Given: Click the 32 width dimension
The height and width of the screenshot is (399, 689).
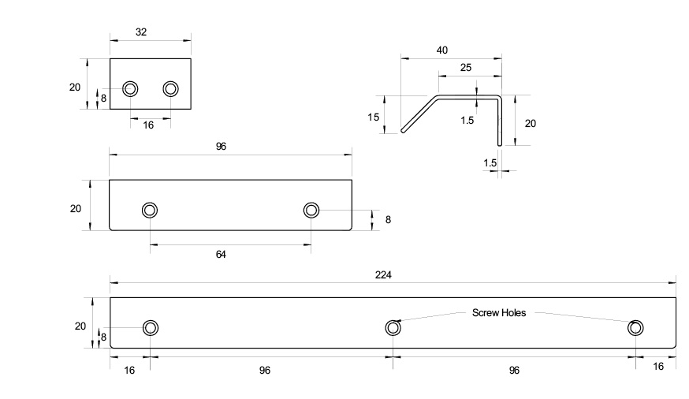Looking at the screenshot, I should point(140,32).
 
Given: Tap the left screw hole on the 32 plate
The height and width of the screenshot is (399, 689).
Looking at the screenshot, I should point(130,88).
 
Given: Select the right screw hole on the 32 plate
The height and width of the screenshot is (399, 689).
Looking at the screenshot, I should point(171,88).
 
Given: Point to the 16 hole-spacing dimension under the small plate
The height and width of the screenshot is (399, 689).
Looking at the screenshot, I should point(148,125).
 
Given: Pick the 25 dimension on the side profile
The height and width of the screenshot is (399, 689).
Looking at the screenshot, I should point(466,68).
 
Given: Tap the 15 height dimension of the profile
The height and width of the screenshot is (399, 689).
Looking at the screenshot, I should point(374,117).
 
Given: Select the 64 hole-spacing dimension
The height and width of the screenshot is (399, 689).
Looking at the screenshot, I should point(221,255).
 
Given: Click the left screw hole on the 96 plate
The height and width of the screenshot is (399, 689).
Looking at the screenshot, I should point(149,210).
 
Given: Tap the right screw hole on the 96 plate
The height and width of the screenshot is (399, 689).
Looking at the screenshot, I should point(311,210).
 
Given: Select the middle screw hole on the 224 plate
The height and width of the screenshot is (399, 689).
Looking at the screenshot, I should point(393,328).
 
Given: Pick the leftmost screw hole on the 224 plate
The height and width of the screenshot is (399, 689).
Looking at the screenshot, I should point(150,328).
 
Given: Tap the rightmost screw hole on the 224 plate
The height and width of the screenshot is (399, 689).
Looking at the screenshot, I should point(635,328).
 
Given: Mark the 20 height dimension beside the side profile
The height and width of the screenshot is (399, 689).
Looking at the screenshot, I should point(530,123).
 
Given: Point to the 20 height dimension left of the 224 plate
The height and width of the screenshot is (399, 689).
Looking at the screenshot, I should point(80,326).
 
